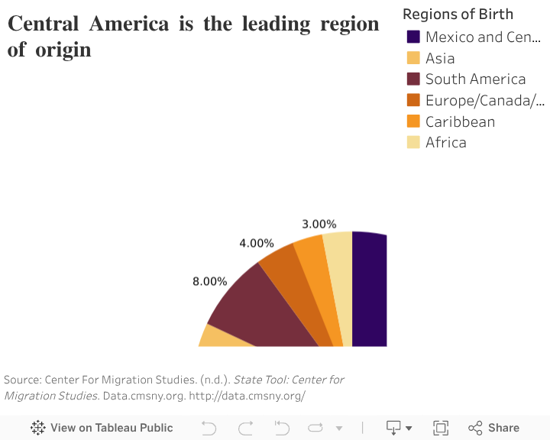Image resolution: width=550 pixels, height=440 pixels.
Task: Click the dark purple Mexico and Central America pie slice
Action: click(370, 290)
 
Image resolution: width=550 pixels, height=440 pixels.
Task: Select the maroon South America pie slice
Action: click(267, 313)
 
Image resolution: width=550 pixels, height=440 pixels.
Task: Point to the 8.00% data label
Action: click(210, 281)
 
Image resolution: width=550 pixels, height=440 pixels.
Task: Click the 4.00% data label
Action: click(257, 243)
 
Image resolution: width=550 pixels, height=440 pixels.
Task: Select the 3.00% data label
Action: click(319, 224)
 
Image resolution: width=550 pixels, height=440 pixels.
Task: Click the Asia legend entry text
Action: click(440, 58)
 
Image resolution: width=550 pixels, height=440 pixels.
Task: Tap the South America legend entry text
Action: click(475, 79)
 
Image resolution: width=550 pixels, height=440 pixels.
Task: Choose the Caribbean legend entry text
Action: click(460, 121)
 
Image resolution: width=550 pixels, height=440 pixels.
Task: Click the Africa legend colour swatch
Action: click(413, 142)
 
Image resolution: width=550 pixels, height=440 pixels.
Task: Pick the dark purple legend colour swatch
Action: click(413, 37)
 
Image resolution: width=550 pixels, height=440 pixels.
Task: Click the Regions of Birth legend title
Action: click(458, 14)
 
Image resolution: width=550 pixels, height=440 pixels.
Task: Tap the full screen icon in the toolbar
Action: click(441, 428)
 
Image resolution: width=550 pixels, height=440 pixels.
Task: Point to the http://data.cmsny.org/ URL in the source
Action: click(247, 395)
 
